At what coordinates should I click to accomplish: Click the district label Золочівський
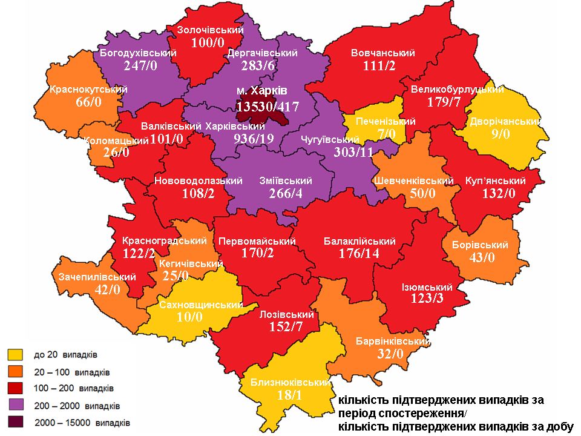[x=210, y=30]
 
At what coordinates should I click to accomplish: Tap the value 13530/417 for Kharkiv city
[x=268, y=107]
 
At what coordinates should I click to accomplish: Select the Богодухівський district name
[x=138, y=53]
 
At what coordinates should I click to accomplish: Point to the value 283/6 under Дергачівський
[x=263, y=65]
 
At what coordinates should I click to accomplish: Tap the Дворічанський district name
[x=505, y=121]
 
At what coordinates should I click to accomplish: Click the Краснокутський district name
[x=89, y=90]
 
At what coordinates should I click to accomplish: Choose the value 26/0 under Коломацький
[x=115, y=152]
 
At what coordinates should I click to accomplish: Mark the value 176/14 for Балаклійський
[x=359, y=254]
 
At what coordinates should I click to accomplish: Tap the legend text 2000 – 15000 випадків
[x=82, y=422]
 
